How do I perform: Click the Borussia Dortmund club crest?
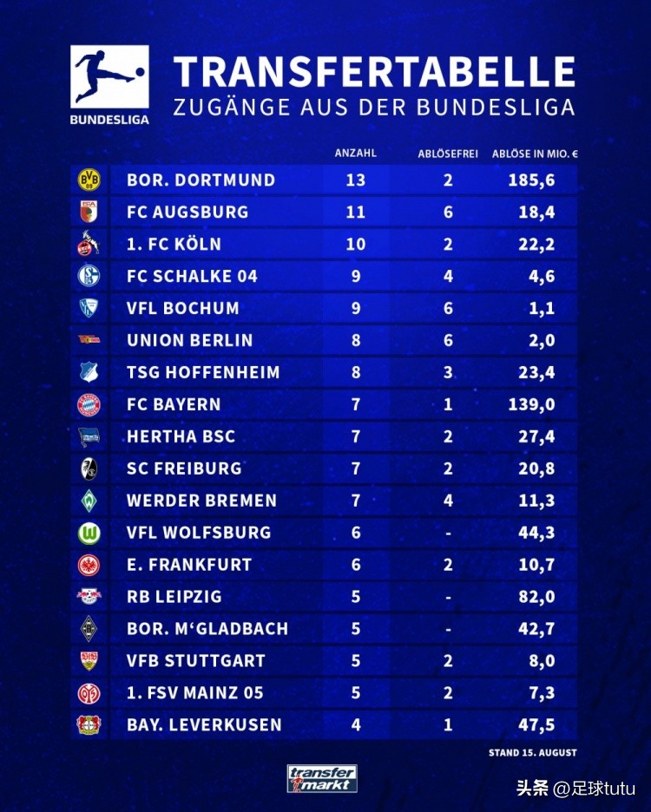click(x=89, y=180)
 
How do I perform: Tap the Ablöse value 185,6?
click(x=531, y=180)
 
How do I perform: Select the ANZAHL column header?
click(x=356, y=154)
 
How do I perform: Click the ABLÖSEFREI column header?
click(x=448, y=154)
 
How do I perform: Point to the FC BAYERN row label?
click(x=174, y=404)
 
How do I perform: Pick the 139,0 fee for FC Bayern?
click(x=531, y=404)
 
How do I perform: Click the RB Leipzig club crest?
click(x=89, y=597)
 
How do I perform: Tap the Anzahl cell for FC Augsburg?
click(x=356, y=213)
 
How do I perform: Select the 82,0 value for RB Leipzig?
click(x=536, y=597)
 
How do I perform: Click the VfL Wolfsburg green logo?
click(x=89, y=533)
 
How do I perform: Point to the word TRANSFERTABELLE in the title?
click(x=374, y=72)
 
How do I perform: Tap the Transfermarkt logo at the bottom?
click(x=322, y=778)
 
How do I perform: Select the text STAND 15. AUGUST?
click(x=532, y=753)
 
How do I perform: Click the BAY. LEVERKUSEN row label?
click(x=204, y=725)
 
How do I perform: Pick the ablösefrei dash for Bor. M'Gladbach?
click(x=448, y=629)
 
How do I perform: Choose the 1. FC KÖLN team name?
click(x=174, y=245)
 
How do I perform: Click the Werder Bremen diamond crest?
click(x=89, y=501)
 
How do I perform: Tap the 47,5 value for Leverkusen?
click(x=536, y=725)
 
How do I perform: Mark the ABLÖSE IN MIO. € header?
click(x=535, y=154)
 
